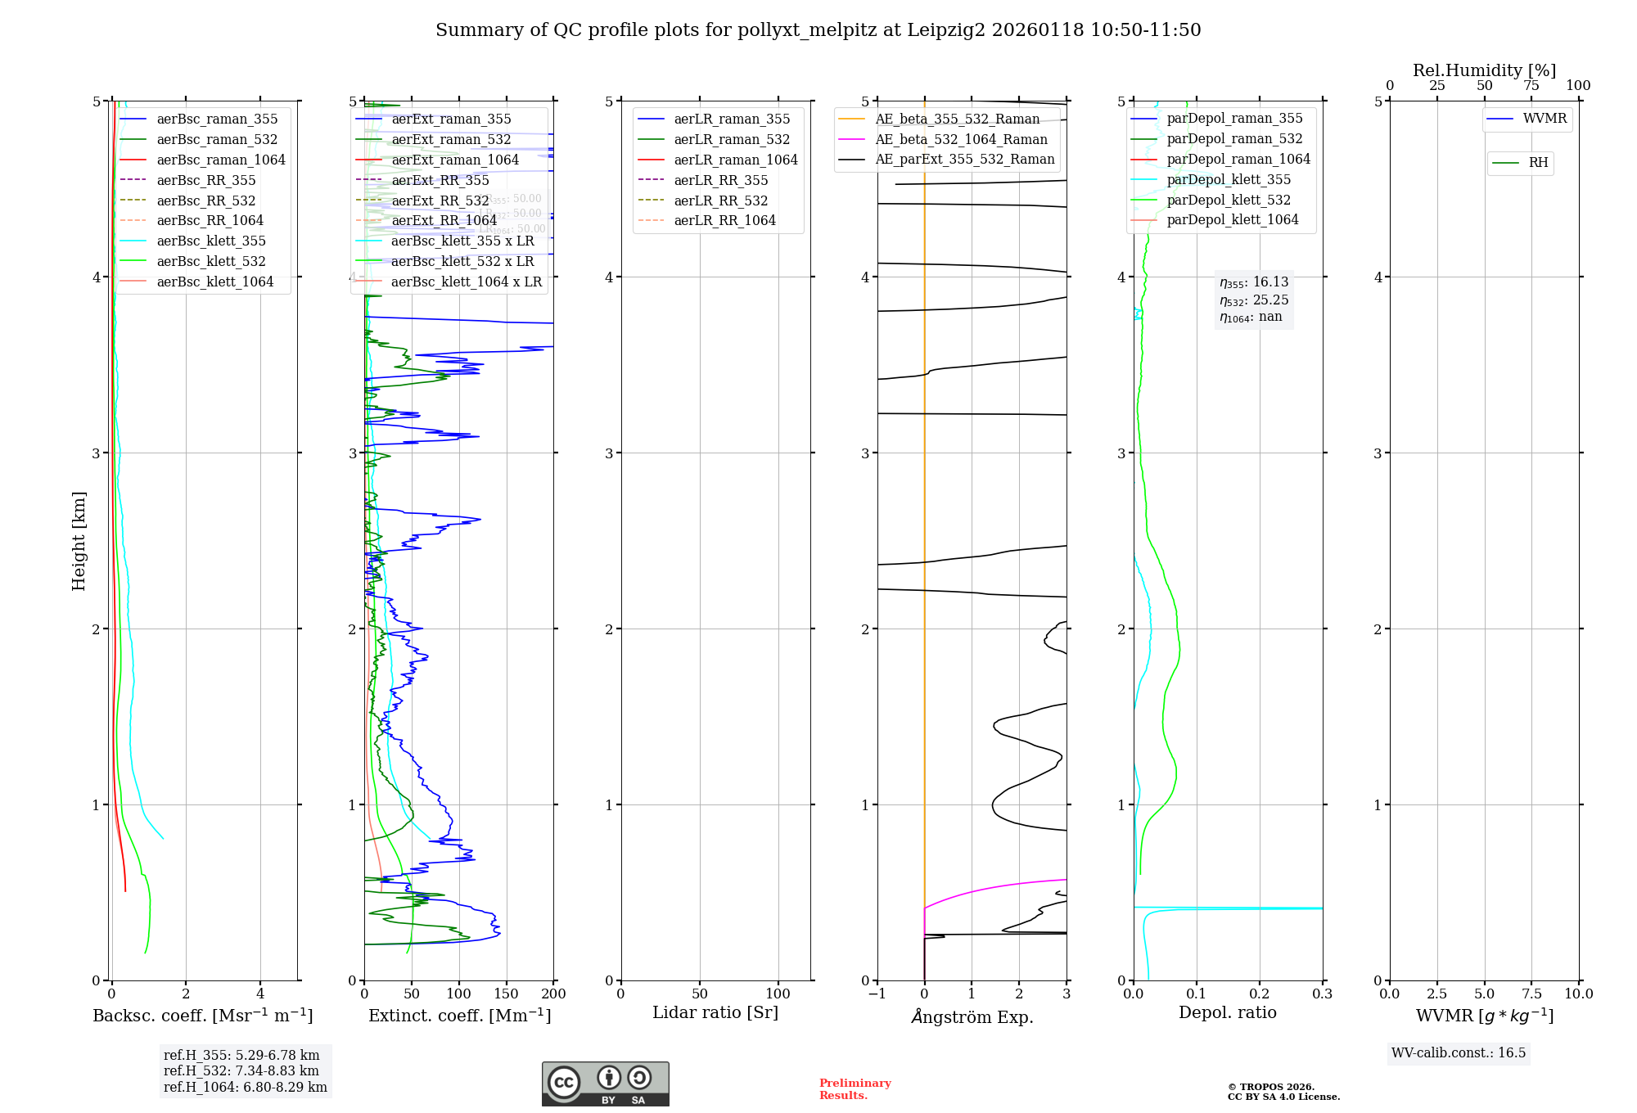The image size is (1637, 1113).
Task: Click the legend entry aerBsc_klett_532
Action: coord(210,262)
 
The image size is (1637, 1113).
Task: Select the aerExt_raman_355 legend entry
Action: coord(451,119)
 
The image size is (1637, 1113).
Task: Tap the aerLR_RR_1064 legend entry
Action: coord(724,221)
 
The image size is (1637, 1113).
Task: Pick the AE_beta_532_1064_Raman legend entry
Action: coord(961,140)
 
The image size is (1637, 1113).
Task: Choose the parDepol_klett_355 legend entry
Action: coord(1228,180)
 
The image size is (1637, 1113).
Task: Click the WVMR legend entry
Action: coord(1545,119)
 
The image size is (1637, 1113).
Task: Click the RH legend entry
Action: coord(1538,163)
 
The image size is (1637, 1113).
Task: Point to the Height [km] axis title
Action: coord(79,541)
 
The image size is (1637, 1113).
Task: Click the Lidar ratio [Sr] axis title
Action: coord(715,1012)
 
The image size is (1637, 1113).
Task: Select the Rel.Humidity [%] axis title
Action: coord(1484,70)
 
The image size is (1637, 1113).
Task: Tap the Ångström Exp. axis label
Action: coord(972,1016)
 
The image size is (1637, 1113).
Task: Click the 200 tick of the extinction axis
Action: coord(554,994)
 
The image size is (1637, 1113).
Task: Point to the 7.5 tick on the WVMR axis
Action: coord(1531,994)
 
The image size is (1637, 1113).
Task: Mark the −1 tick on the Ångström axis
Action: coord(877,994)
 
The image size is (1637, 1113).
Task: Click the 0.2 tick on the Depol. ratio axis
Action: coord(1260,994)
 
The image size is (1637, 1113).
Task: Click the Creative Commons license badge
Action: coord(605,1084)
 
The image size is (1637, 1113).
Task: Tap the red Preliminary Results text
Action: coord(855,1089)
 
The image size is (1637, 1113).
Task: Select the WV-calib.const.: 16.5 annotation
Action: coord(1459,1053)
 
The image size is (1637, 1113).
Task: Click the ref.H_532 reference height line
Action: coord(241,1071)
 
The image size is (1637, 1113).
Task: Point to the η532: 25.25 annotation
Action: coord(1254,300)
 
